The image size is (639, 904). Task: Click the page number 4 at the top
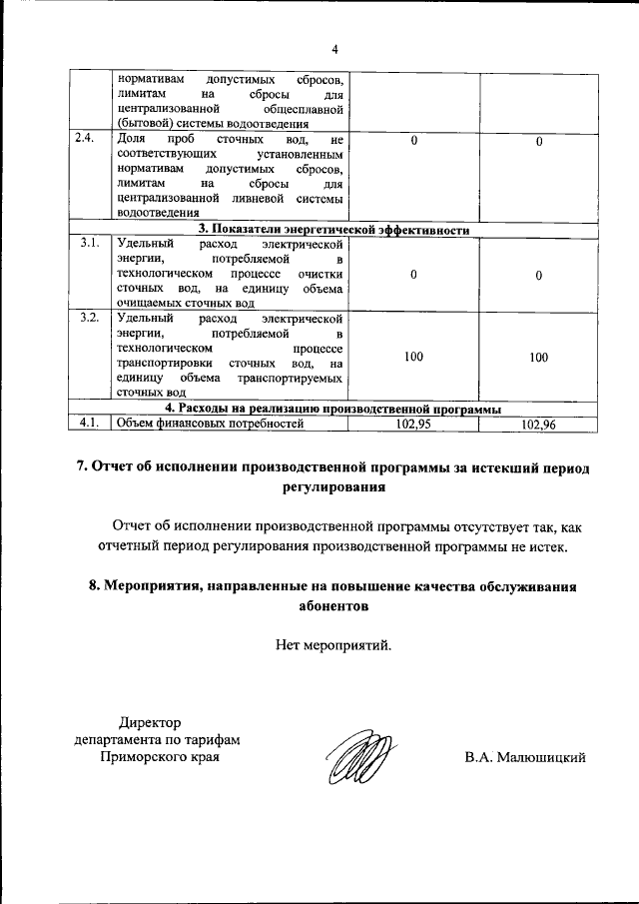pyautogui.click(x=335, y=48)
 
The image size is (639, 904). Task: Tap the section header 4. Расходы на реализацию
pyautogui.click(x=332, y=409)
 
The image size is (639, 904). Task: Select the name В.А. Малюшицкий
pyautogui.click(x=524, y=757)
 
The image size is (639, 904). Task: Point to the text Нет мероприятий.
pyautogui.click(x=333, y=644)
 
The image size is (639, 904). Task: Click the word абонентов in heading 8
pyautogui.click(x=333, y=605)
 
